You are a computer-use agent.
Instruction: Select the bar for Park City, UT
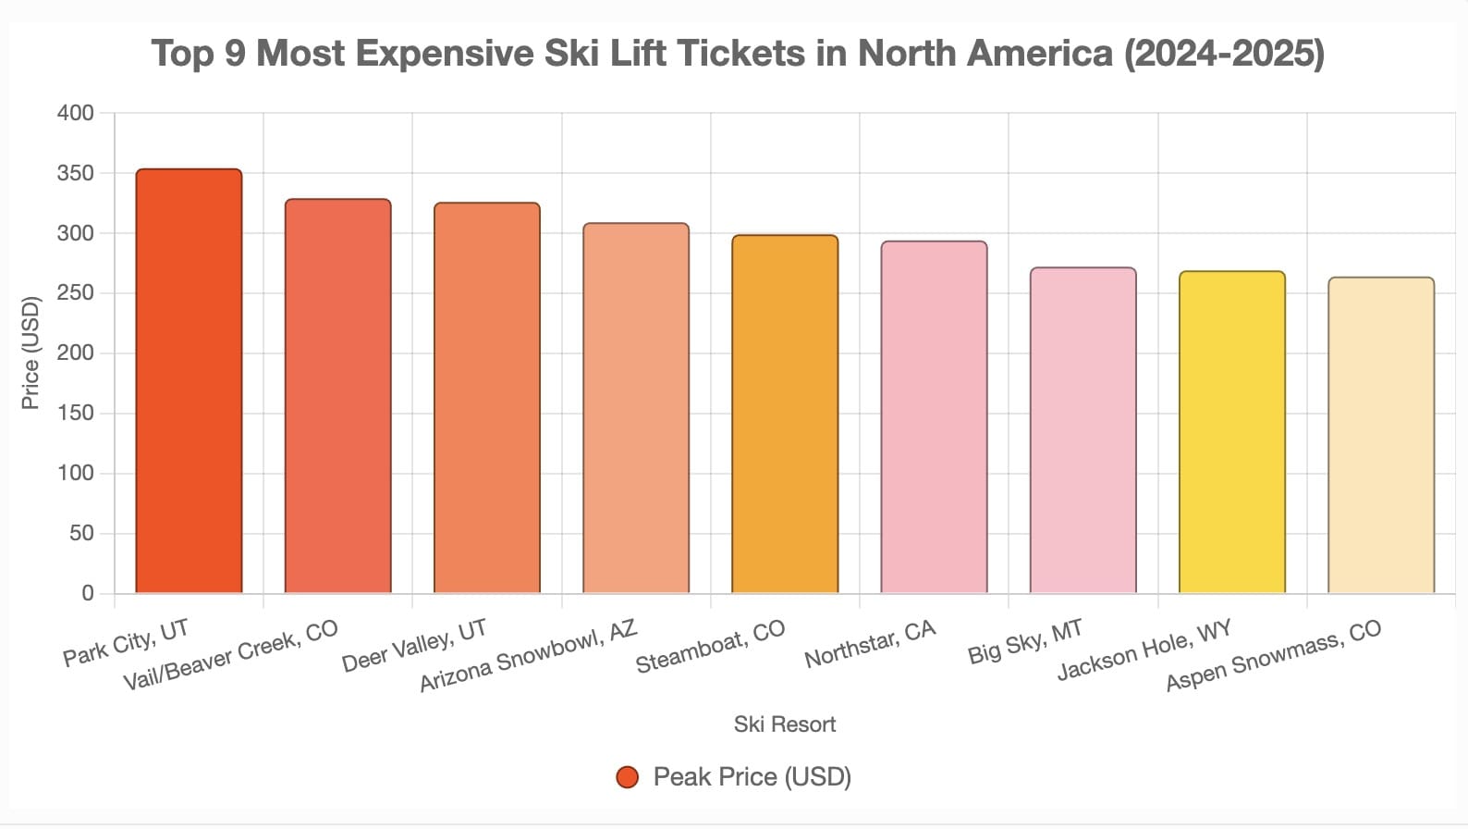[189, 381]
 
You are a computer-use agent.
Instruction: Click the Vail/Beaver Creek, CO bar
[337, 396]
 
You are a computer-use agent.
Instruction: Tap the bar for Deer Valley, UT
[487, 398]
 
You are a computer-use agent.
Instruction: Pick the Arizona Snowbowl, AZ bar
[636, 408]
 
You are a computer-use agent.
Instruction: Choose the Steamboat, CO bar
[785, 414]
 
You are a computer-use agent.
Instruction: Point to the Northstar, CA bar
[934, 417]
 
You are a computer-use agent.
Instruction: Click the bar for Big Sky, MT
[1083, 430]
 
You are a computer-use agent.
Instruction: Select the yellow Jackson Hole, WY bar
[1232, 432]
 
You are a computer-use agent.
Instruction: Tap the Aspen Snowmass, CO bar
[1381, 435]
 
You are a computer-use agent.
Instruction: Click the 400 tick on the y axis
[76, 113]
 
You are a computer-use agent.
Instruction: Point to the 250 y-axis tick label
[76, 293]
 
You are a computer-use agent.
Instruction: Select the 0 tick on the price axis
[88, 593]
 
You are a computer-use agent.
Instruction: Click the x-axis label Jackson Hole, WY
[1144, 650]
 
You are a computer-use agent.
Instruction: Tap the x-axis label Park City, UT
[126, 643]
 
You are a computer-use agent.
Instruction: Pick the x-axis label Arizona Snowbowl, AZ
[528, 656]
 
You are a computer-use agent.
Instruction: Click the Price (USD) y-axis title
[31, 353]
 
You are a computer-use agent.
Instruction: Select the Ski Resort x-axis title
[784, 724]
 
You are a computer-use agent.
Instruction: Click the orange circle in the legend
[628, 777]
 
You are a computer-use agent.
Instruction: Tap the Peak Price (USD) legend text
[752, 777]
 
